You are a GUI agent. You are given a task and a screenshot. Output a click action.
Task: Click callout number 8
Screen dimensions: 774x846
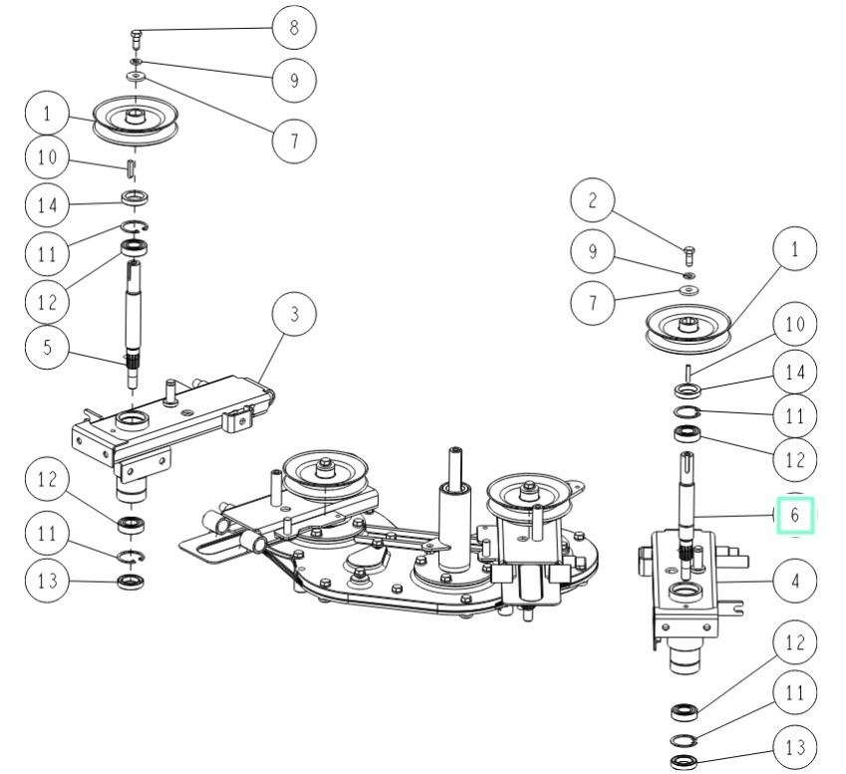pos(294,28)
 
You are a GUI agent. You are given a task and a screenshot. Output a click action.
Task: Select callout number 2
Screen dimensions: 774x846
pos(592,202)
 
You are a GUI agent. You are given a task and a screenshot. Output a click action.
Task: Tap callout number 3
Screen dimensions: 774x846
pos(294,315)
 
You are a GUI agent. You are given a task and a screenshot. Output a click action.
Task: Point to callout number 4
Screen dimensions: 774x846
pos(795,579)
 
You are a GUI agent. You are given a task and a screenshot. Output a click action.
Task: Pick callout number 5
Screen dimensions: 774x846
pos(48,351)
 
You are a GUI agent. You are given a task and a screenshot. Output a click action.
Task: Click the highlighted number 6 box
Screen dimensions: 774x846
pos(795,516)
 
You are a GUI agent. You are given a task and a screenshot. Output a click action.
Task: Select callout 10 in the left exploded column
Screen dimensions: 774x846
pos(48,157)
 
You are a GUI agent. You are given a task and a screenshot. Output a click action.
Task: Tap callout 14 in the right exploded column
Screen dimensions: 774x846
pos(795,373)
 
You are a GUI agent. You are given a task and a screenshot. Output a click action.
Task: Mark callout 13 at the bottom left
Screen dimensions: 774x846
pos(48,579)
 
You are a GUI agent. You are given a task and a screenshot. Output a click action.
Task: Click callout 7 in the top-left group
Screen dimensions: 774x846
pos(294,139)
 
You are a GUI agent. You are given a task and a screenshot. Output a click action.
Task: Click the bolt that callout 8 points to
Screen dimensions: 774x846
pos(136,39)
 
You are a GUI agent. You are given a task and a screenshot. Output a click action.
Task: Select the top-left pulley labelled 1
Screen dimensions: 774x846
pos(136,119)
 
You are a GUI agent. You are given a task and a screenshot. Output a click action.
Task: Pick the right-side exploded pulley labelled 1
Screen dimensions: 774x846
pos(689,328)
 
